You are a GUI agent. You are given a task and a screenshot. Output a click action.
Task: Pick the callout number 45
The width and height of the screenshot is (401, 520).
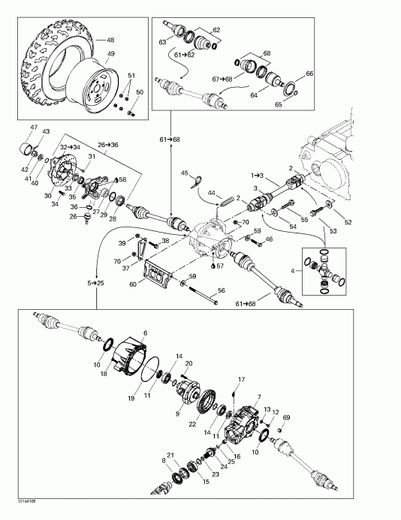tap(185, 173)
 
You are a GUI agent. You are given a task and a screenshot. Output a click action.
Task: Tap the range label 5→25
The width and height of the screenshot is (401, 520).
tap(96, 283)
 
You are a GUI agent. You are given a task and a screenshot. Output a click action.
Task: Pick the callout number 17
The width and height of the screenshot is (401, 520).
tap(242, 378)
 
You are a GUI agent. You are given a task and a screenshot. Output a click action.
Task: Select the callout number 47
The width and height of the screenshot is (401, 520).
tap(34, 128)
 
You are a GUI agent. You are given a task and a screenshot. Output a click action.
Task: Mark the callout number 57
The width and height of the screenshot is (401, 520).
tap(220, 266)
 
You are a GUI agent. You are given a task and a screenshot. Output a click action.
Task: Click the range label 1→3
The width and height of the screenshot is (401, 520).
tap(257, 175)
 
